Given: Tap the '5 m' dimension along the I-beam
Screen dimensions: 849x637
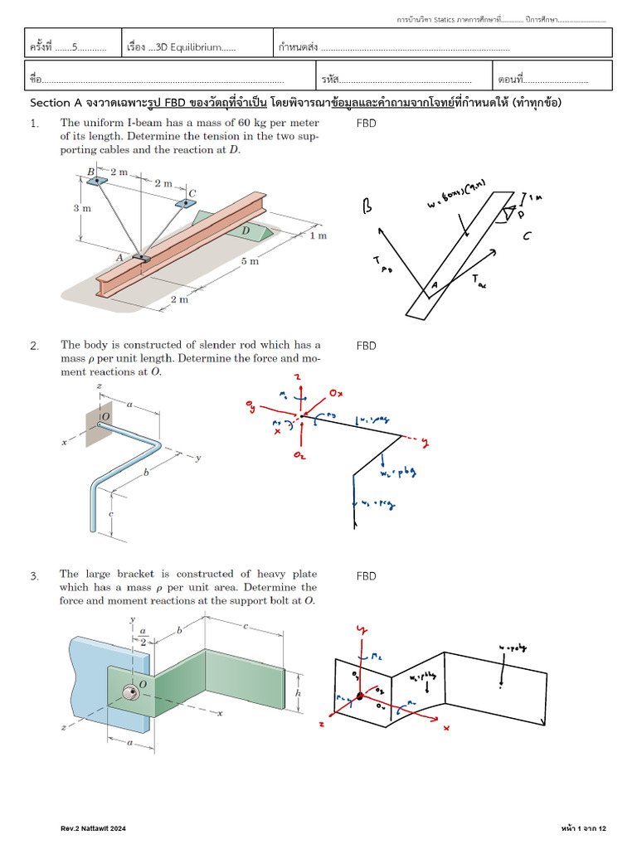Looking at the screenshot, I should point(249,261).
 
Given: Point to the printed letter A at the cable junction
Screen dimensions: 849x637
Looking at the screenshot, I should point(120,258).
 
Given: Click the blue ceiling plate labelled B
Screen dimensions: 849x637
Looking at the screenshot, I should point(97,180).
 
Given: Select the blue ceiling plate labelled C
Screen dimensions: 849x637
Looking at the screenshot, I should point(186,202).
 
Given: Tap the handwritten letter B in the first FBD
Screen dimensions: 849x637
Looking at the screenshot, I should point(367,207).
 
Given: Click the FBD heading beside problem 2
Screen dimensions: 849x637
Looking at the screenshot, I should point(366,346).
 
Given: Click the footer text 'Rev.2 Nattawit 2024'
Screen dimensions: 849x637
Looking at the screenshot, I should point(93,828).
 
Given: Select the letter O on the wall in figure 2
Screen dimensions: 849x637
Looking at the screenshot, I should point(105,416).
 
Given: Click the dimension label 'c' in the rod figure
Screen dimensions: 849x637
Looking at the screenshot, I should point(110,514).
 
